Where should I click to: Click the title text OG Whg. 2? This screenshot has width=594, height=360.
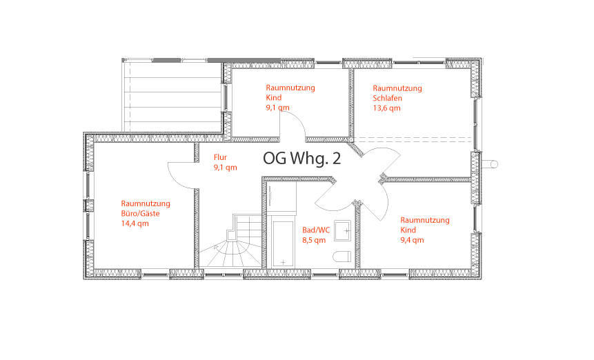(x=302, y=159)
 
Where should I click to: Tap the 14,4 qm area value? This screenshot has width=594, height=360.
(x=135, y=223)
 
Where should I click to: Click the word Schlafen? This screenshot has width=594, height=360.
(x=387, y=98)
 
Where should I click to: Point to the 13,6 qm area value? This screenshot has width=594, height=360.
(x=386, y=108)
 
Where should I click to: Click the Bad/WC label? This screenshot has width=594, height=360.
(x=316, y=230)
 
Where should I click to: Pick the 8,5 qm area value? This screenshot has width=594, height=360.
(x=314, y=240)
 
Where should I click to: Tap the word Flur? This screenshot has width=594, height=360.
(x=220, y=157)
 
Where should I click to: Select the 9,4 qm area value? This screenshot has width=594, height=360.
(x=412, y=240)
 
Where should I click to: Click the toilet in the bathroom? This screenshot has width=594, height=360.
(x=342, y=257)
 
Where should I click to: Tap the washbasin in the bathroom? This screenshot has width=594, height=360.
(x=342, y=230)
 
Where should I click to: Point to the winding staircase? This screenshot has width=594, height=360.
(x=230, y=241)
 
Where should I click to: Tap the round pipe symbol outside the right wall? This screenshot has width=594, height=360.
(x=493, y=164)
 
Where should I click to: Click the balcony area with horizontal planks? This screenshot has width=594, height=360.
(x=172, y=97)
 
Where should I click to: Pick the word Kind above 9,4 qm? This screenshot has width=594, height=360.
(x=408, y=230)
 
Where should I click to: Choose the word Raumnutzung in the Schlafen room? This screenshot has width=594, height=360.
(x=397, y=88)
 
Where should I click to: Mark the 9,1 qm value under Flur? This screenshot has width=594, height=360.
(x=226, y=168)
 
